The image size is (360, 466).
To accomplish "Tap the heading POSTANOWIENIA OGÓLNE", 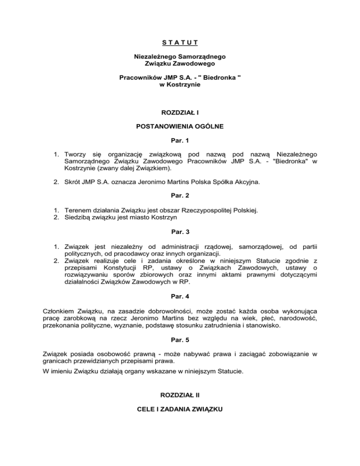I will click(x=180, y=126).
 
